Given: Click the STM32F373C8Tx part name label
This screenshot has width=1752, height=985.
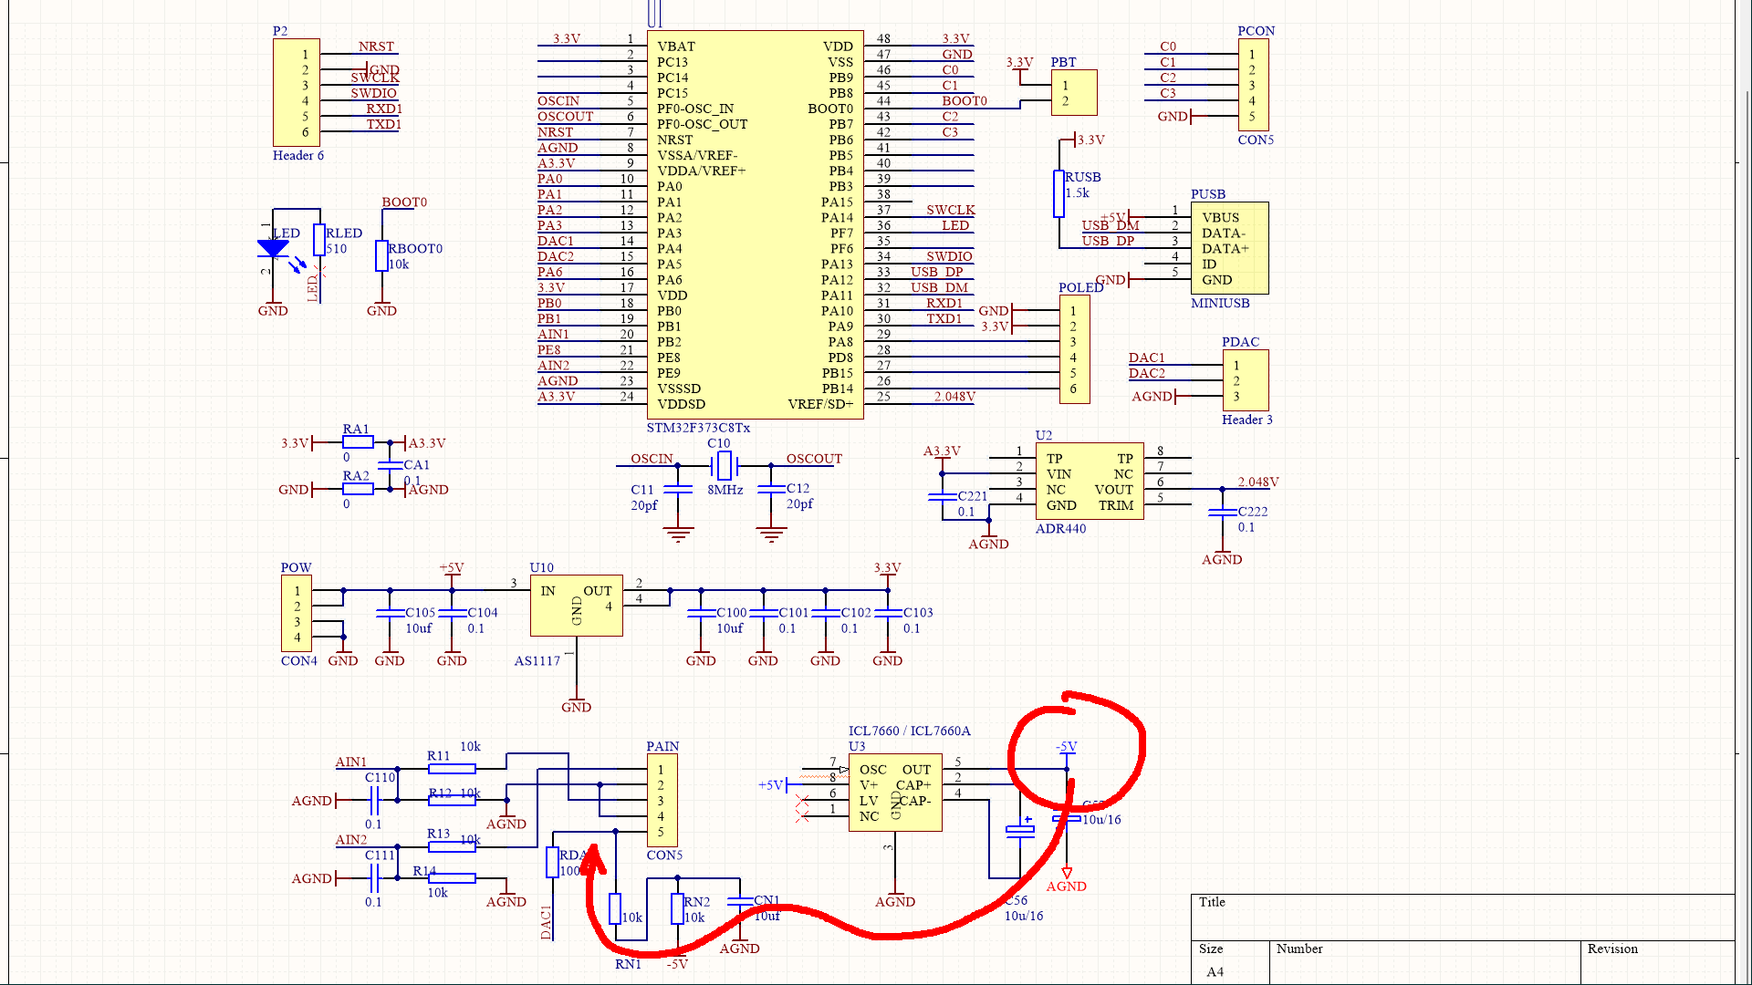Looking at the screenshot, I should pyautogui.click(x=698, y=428).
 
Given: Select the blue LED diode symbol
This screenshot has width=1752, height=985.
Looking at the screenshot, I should pyautogui.click(x=273, y=248).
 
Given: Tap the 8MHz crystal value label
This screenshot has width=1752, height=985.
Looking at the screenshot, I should pyautogui.click(x=725, y=490).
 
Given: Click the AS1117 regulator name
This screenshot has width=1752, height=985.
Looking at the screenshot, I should pyautogui.click(x=537, y=661).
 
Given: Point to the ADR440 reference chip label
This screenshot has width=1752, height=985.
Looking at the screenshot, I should pyautogui.click(x=1060, y=529).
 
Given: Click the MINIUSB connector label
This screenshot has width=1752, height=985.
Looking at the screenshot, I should pyautogui.click(x=1219, y=304).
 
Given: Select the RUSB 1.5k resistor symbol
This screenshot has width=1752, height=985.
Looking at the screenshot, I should pyautogui.click(x=1058, y=193).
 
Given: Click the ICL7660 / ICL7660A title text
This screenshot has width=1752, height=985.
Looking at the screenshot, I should pyautogui.click(x=909, y=731).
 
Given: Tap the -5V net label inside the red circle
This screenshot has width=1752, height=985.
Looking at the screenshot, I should pyautogui.click(x=1066, y=747).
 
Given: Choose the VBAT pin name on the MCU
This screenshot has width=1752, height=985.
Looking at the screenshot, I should pyautogui.click(x=675, y=47).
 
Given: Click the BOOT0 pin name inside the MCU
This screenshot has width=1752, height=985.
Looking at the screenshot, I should pyautogui.click(x=829, y=109).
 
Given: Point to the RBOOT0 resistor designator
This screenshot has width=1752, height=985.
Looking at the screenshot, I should pyautogui.click(x=415, y=249).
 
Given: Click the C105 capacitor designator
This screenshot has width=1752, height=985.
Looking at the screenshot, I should pyautogui.click(x=420, y=613).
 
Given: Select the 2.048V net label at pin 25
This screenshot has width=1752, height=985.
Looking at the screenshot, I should pyautogui.click(x=954, y=397).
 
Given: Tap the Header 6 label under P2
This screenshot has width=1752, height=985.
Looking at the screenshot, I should pyautogui.click(x=297, y=156).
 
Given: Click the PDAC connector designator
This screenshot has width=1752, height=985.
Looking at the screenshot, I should pyautogui.click(x=1240, y=342).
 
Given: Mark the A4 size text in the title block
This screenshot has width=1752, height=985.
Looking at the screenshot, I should pyautogui.click(x=1215, y=972).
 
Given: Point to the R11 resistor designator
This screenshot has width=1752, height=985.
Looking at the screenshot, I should pyautogui.click(x=438, y=756).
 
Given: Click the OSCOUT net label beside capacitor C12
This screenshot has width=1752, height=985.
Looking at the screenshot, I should pyautogui.click(x=814, y=460).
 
